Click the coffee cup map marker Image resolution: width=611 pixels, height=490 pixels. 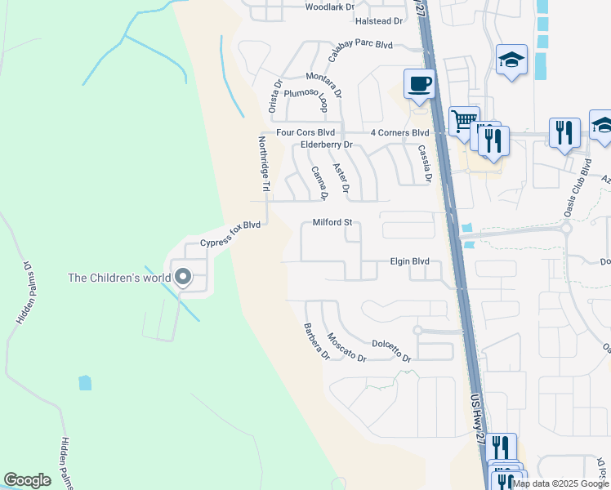(x=420, y=83)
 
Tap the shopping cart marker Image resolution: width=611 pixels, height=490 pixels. (x=463, y=120)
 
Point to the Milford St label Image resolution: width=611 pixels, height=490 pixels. (x=332, y=222)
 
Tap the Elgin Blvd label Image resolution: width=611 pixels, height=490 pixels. (x=409, y=262)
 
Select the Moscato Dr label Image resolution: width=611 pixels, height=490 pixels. (x=346, y=347)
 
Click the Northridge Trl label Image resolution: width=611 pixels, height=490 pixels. (x=264, y=164)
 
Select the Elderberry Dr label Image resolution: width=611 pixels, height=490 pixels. (x=326, y=145)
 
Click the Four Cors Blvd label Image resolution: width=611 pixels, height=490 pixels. (x=305, y=132)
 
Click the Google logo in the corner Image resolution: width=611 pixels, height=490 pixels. (x=27, y=480)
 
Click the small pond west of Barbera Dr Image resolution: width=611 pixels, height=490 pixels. (x=85, y=382)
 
